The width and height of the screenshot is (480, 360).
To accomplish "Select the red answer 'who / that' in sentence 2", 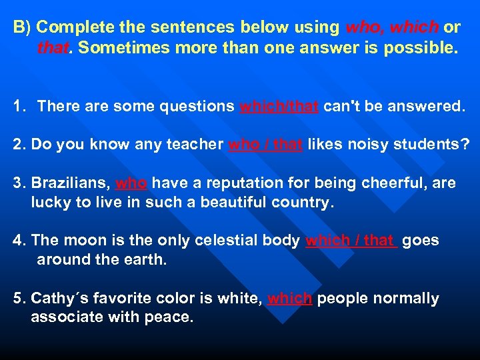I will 265,145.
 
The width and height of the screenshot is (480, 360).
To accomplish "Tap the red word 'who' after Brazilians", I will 131,183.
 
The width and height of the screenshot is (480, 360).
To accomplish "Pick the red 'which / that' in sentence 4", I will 351,241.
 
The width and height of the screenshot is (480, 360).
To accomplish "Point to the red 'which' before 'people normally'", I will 289,299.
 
